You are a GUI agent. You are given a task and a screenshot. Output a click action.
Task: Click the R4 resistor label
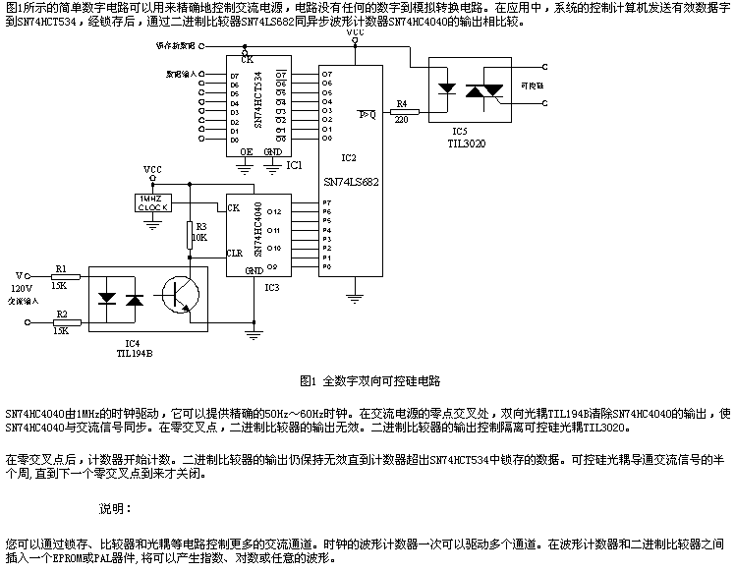(x=400, y=103)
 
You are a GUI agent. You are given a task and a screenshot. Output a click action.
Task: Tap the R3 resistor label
(x=199, y=227)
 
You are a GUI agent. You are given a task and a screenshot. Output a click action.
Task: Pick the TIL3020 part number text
(x=466, y=143)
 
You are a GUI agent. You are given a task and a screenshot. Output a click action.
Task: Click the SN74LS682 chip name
(x=351, y=182)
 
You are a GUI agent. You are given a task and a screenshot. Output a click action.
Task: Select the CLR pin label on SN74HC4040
(x=236, y=252)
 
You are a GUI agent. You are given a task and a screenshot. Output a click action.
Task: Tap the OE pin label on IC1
(x=247, y=152)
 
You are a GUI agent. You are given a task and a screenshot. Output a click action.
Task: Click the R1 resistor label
(x=61, y=267)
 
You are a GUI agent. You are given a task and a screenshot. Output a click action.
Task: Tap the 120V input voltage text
(x=21, y=288)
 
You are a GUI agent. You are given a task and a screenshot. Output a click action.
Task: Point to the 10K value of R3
(x=199, y=238)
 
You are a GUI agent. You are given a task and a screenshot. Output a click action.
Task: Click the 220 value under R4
(x=401, y=120)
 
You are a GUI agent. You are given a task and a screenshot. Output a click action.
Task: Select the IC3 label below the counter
(x=271, y=287)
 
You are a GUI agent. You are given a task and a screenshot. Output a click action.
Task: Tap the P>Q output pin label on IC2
(x=367, y=114)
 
